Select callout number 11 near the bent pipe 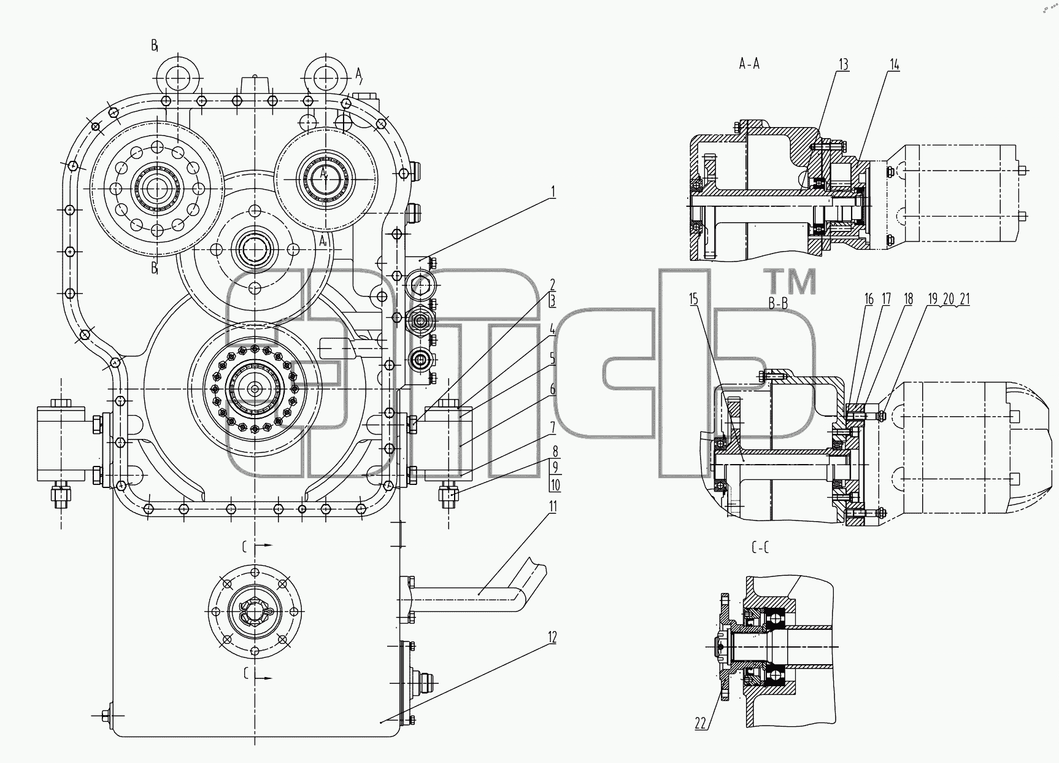click(553, 506)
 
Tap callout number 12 click(552, 638)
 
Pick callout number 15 click(694, 299)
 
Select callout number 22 click(701, 724)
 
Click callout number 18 click(908, 299)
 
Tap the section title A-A click(749, 64)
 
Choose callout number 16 click(869, 299)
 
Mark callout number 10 click(555, 486)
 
